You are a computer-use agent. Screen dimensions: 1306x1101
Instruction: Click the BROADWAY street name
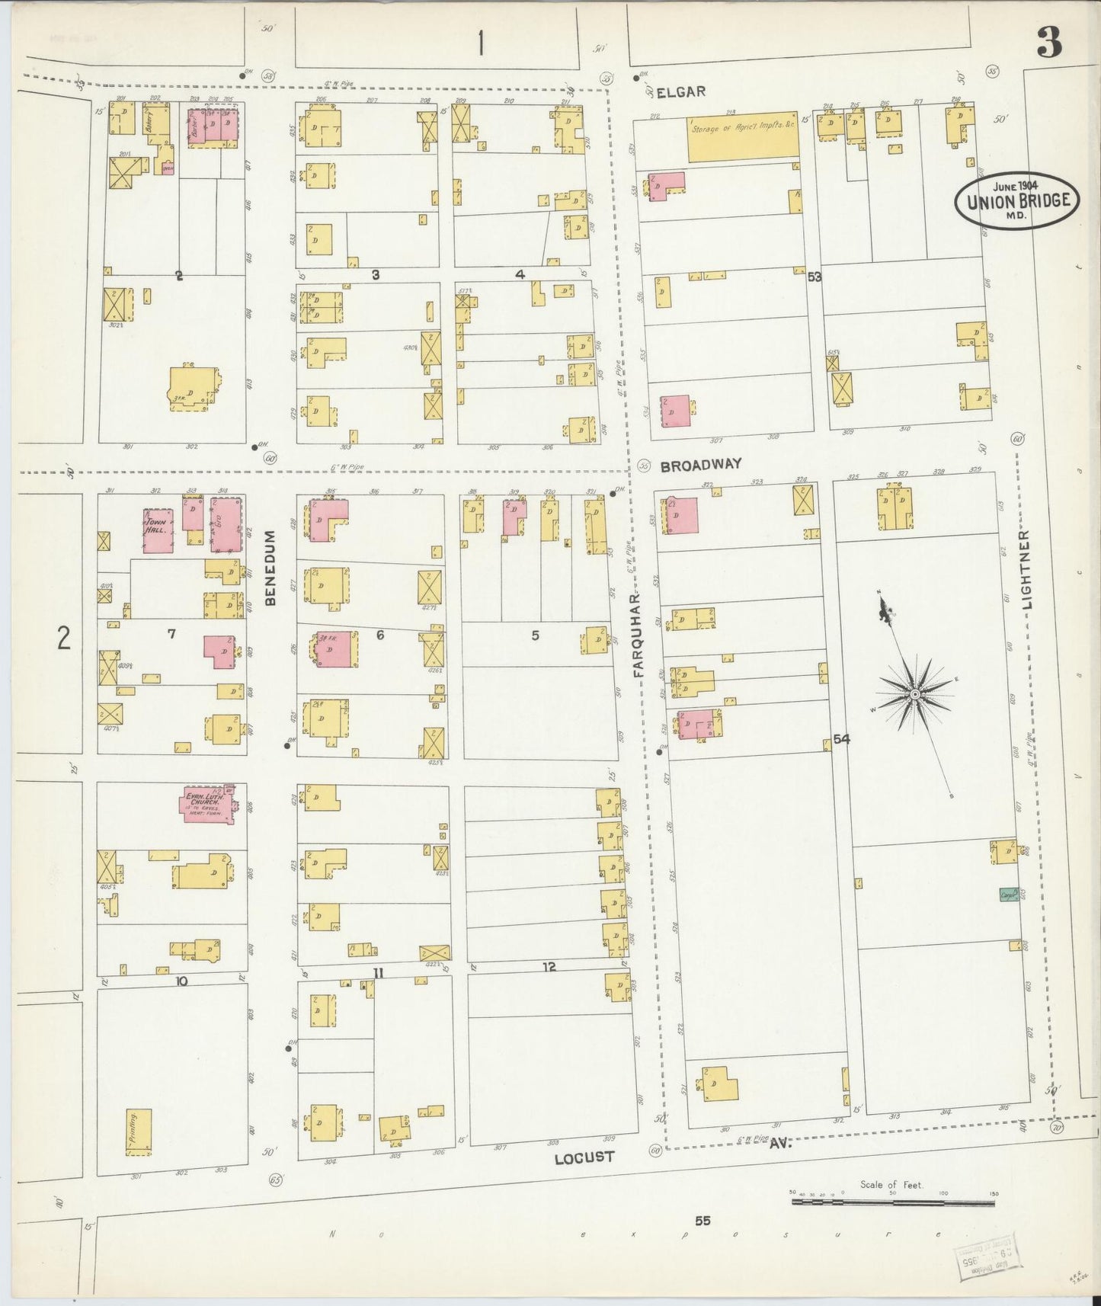[x=700, y=465]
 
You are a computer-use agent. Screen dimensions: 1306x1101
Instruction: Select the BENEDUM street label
[x=269, y=568]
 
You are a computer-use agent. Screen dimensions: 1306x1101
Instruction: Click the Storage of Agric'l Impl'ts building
[x=744, y=139]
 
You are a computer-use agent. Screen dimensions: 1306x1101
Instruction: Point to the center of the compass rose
[x=914, y=694]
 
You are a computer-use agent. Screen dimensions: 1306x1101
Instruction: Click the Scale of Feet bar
[x=892, y=1202]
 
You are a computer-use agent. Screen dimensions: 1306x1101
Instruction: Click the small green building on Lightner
[x=1010, y=895]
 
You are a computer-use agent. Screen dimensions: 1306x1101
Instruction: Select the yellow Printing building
[x=139, y=1132]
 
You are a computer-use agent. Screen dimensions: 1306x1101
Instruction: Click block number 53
[x=815, y=277]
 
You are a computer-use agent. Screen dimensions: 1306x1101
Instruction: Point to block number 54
[x=841, y=738]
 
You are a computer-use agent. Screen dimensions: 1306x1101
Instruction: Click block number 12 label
[x=549, y=967]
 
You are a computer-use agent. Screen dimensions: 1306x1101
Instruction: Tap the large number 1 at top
[x=480, y=43]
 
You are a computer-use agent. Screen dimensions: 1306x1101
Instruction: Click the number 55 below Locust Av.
[x=702, y=1221]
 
